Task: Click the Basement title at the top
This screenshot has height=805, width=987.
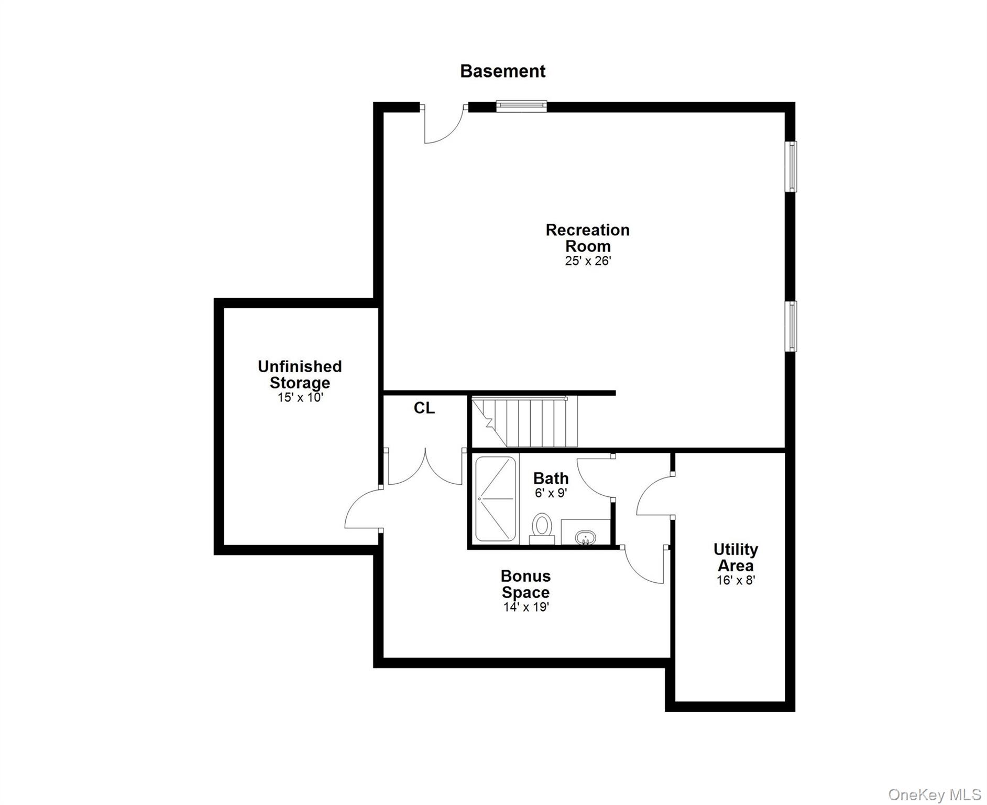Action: coord(502,71)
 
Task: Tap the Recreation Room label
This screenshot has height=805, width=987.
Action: coord(587,238)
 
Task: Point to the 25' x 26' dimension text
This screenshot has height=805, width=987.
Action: coord(588,261)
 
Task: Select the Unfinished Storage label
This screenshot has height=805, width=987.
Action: coord(300,374)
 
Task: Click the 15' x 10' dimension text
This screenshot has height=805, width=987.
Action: coord(300,397)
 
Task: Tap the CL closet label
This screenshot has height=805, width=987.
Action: coord(424,408)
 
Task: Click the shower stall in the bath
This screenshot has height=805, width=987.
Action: coord(495,498)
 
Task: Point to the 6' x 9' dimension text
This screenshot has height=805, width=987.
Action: coord(551,493)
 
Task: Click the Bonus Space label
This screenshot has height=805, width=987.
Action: coord(525,584)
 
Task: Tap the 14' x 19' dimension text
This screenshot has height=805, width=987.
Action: coord(525,607)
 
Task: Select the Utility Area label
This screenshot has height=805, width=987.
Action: coord(736,557)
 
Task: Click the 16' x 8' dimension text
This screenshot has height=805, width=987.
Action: coord(736,580)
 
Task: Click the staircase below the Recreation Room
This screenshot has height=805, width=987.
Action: coord(524,422)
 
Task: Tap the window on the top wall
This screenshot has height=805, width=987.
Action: coord(521,106)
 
